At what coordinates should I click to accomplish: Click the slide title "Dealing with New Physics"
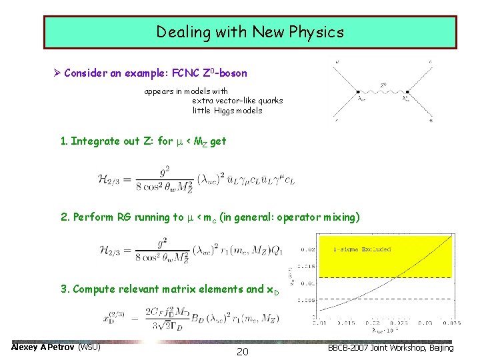250,32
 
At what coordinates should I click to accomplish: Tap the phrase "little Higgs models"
227,111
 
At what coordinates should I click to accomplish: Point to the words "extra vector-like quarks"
237,101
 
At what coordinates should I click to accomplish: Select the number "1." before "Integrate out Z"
64,141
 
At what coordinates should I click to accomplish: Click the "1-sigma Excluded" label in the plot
362,249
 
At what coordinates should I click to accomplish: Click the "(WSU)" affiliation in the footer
89,347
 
